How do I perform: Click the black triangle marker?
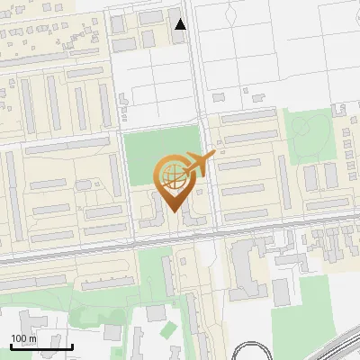[181, 24]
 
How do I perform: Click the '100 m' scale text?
[24, 338]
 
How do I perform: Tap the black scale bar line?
[42, 346]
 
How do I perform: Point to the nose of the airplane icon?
[214, 154]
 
